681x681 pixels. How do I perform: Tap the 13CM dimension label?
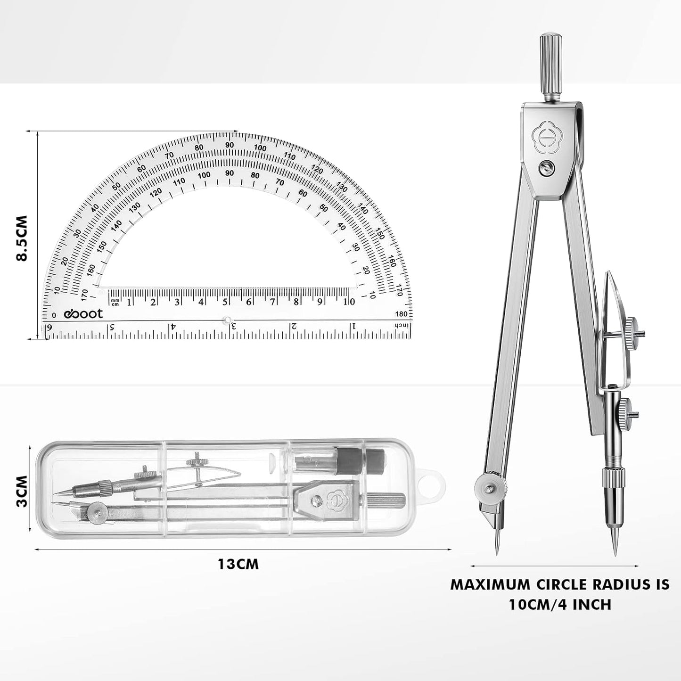238,564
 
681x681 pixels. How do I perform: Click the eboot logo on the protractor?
83,314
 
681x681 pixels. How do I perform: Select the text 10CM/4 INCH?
559,604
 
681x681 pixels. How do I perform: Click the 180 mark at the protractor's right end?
402,314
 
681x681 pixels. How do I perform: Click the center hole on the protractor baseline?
228,320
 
